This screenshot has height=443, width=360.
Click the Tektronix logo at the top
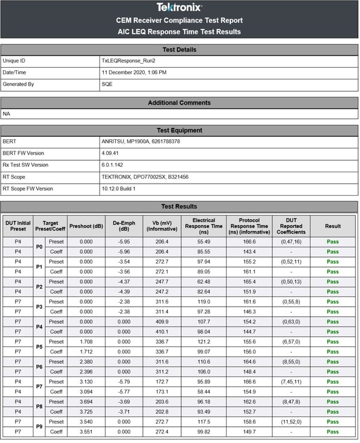pyautogui.click(x=179, y=7)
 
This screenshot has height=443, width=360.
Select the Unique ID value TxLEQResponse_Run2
pyautogui.click(x=128, y=61)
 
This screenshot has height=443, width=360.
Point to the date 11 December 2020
pyautogui.click(x=134, y=73)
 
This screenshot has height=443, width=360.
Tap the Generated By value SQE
pyautogui.click(x=107, y=84)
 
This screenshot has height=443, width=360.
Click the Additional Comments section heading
pyautogui.click(x=179, y=103)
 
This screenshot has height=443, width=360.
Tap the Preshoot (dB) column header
pyautogui.click(x=85, y=226)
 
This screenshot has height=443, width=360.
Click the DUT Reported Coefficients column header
pyautogui.click(x=292, y=226)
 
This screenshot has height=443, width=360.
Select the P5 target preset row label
pyautogui.click(x=40, y=346)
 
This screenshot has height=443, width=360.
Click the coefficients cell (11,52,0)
pyautogui.click(x=292, y=421)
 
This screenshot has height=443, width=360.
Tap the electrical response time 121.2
pyautogui.click(x=205, y=342)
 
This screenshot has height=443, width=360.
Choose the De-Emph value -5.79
pyautogui.click(x=123, y=381)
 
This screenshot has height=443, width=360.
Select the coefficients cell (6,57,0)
pyautogui.click(x=292, y=342)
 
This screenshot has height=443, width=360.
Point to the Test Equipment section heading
pyautogui.click(x=179, y=130)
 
